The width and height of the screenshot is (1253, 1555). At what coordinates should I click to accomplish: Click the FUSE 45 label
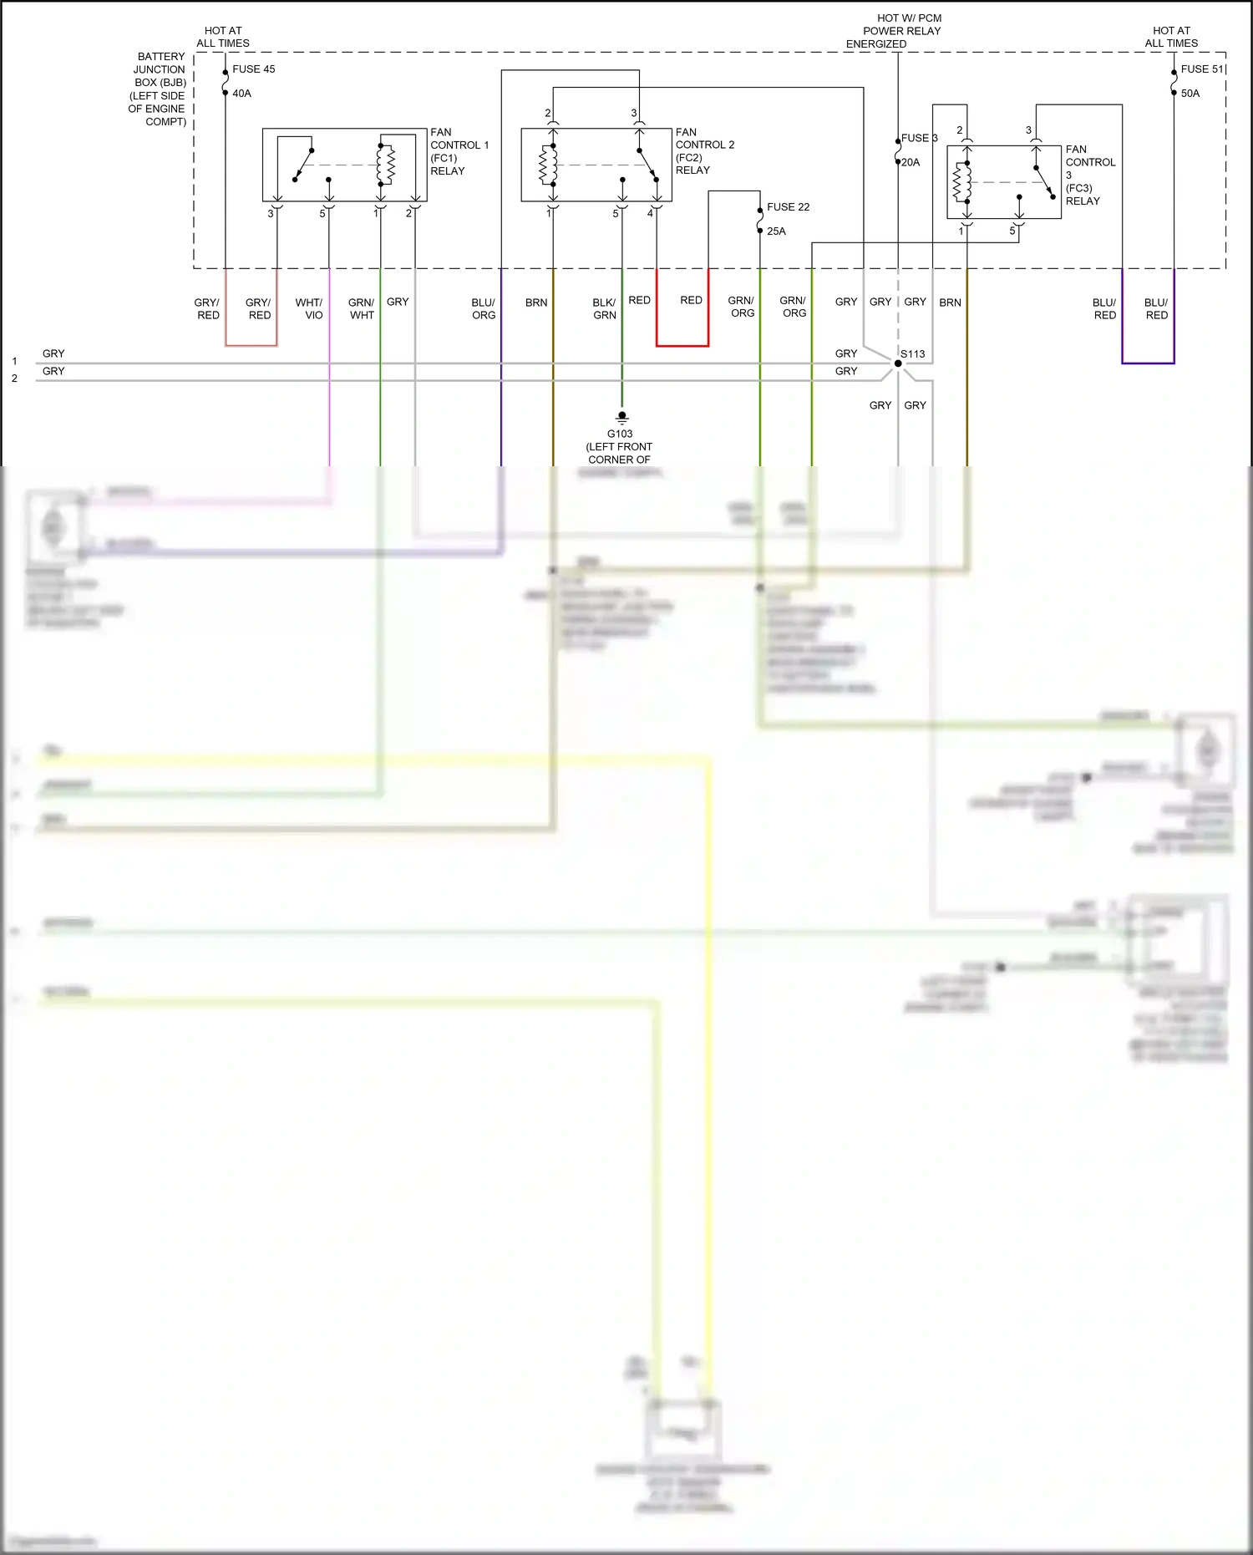click(x=253, y=69)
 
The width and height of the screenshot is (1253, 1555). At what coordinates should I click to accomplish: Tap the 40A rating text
click(x=241, y=94)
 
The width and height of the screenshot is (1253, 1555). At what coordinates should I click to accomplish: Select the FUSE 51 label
click(x=1201, y=69)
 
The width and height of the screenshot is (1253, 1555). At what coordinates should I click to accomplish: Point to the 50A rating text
click(x=1190, y=94)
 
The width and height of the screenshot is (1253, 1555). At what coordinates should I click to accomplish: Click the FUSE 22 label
click(x=788, y=207)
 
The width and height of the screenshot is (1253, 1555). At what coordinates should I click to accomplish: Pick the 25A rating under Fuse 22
click(x=776, y=231)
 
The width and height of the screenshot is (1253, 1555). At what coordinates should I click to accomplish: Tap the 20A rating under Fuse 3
click(x=911, y=163)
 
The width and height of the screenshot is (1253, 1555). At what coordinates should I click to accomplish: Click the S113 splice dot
click(x=898, y=363)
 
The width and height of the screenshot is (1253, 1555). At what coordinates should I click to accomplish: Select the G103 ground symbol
click(x=621, y=416)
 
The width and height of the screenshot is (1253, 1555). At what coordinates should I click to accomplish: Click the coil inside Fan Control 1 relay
click(x=385, y=165)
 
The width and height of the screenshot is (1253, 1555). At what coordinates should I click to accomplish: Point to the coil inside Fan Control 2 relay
click(x=549, y=165)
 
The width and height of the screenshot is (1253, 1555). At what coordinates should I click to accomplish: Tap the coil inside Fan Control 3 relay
click(x=962, y=181)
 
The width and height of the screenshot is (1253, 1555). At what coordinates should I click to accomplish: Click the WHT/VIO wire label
click(x=309, y=308)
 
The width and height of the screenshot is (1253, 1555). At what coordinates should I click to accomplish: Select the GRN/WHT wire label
click(x=362, y=308)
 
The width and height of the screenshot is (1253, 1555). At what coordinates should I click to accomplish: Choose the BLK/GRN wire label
click(x=604, y=308)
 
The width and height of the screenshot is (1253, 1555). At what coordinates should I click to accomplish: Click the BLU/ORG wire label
click(x=484, y=308)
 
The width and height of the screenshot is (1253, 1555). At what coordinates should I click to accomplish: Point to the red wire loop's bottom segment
click(x=682, y=345)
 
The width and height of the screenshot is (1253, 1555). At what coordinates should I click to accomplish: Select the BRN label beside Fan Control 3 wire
click(x=950, y=302)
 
